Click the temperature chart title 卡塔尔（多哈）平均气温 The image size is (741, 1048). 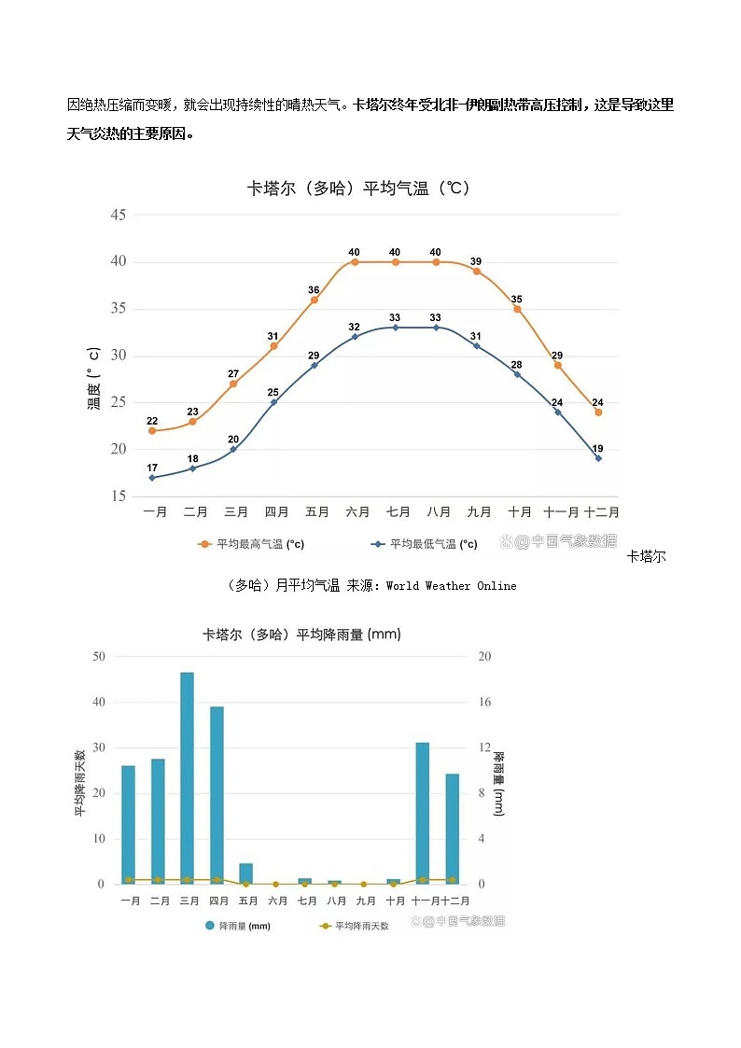358,189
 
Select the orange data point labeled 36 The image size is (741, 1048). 315,300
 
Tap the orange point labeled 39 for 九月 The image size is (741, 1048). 476,272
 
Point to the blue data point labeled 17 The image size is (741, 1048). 152,478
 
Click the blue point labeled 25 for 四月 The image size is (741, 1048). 273,401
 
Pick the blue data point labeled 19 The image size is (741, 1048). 598,458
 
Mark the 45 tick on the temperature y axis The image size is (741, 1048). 118,215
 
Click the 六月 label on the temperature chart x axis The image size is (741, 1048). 357,512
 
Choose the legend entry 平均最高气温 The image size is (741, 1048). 252,544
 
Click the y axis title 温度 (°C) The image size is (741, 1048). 93,379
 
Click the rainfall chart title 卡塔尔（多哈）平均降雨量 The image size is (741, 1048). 301,635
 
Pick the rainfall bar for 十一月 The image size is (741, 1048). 423,812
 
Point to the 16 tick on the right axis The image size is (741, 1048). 484,702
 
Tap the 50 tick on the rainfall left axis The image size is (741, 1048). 99,656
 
